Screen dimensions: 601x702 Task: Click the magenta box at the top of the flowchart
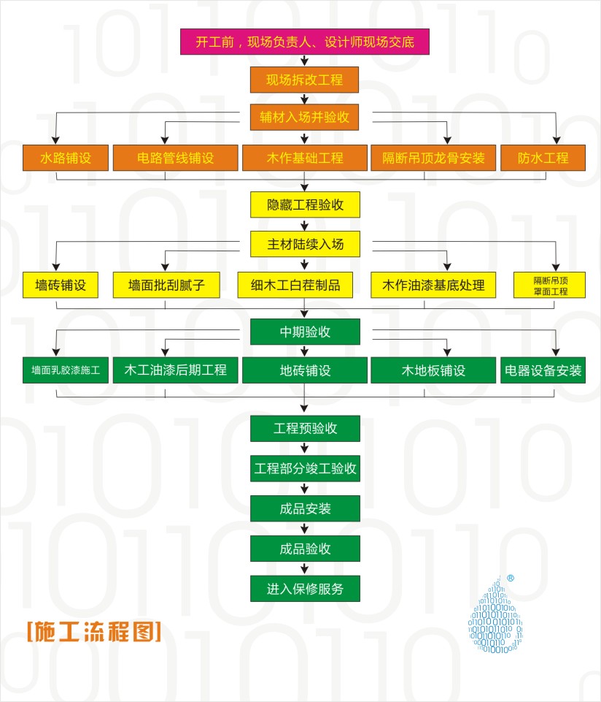point(305,42)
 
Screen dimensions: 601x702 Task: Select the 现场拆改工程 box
point(304,80)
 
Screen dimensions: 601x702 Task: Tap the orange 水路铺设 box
point(66,158)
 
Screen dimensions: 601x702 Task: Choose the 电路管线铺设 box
point(175,158)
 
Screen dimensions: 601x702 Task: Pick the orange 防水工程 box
point(543,158)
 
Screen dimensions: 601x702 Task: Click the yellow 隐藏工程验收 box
point(305,205)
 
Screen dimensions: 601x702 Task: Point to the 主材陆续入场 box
point(305,244)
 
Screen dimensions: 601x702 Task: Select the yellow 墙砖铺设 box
point(61,285)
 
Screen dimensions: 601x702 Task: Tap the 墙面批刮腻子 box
point(166,285)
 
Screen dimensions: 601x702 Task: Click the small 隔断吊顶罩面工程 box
point(549,285)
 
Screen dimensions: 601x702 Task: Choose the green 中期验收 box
point(305,332)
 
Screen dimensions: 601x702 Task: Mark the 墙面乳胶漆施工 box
point(66,370)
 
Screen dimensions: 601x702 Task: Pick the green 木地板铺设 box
point(433,370)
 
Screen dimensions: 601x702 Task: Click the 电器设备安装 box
point(543,370)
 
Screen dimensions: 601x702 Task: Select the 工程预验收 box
point(305,429)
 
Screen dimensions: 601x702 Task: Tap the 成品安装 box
point(305,508)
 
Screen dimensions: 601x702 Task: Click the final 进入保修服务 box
point(305,588)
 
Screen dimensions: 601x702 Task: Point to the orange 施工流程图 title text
point(94,631)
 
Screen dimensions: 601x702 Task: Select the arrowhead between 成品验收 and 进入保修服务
point(305,570)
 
